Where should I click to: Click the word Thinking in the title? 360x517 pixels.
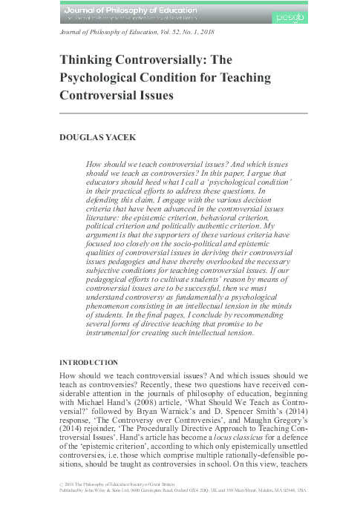coord(85,63)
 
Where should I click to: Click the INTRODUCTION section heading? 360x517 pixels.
coord(88,363)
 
